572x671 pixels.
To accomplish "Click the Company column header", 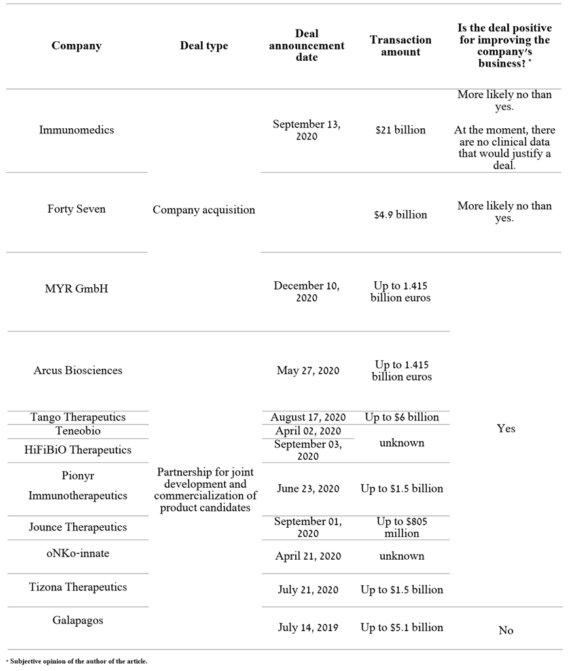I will click(77, 46).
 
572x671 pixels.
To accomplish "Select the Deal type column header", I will click(204, 46).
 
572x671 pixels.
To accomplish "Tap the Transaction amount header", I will click(401, 46).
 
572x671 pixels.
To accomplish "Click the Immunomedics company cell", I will click(77, 129).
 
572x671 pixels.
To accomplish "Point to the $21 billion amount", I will click(401, 129).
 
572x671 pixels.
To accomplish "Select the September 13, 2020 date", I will click(306, 129).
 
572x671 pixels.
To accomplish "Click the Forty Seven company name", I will click(77, 209).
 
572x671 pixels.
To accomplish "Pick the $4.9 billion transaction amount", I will click(401, 215).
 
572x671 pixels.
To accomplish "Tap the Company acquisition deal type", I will click(204, 209).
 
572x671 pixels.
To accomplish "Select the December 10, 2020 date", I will click(306, 292).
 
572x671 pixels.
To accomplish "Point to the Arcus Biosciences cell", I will click(78, 370).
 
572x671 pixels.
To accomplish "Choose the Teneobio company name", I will click(78, 431).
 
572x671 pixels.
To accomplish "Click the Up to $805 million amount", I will click(402, 527).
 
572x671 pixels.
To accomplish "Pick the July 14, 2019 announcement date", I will click(308, 627).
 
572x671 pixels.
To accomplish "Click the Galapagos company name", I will click(78, 620).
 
